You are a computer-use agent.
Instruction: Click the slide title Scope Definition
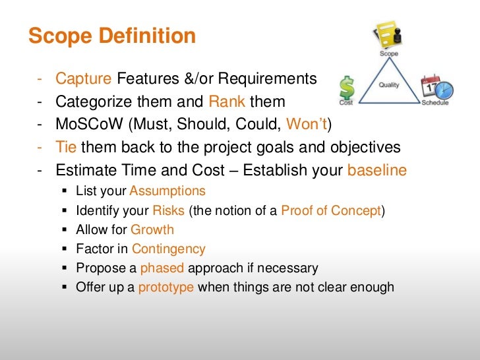(112, 36)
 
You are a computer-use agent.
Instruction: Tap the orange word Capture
(83, 80)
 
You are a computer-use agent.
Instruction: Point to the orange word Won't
(307, 125)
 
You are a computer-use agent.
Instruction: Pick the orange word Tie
(67, 147)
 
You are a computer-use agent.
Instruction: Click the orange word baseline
(376, 170)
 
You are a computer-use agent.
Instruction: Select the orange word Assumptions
(167, 191)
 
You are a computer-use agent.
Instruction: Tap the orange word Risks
(169, 211)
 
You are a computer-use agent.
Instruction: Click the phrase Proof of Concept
(331, 211)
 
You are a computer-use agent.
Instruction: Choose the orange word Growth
(152, 230)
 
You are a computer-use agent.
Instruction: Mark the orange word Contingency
(169, 249)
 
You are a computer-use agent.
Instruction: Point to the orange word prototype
(165, 287)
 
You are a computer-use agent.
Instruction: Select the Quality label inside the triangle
(389, 85)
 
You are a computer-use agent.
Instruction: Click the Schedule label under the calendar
(435, 103)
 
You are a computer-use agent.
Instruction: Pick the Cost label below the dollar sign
(345, 103)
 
